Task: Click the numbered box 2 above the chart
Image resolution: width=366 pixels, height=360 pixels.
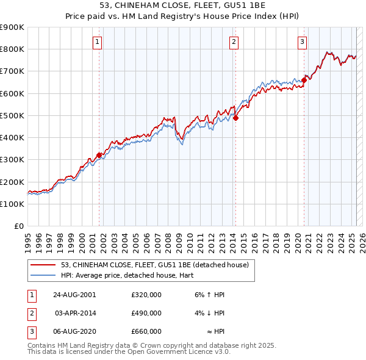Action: (x=234, y=41)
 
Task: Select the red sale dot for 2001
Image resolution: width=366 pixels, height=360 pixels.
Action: (x=99, y=155)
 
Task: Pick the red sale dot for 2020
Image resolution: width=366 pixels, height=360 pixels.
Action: (x=304, y=80)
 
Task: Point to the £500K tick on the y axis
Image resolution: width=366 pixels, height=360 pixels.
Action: (x=12, y=115)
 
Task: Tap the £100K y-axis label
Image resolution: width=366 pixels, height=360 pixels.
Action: (x=12, y=204)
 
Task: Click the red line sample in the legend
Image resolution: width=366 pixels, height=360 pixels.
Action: (x=43, y=265)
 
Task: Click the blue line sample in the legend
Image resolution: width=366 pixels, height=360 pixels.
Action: (x=43, y=275)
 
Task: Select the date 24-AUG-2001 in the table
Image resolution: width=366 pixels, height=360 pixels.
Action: (x=74, y=295)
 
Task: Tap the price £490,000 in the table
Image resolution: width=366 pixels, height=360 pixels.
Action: (x=146, y=313)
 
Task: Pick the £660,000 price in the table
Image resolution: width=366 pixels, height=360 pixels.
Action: (x=146, y=331)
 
